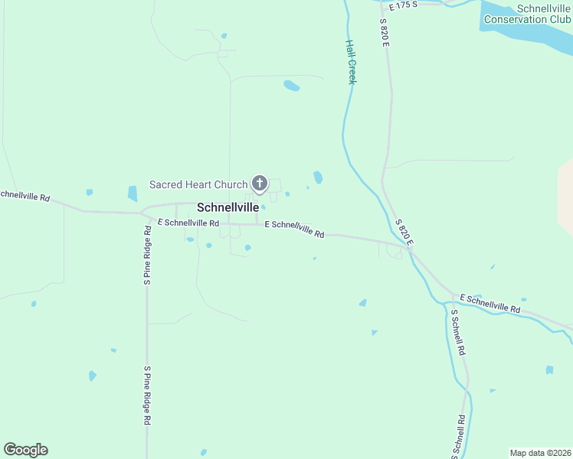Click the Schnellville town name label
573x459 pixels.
(228, 207)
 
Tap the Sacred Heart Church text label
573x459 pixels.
(198, 184)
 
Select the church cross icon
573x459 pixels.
(260, 184)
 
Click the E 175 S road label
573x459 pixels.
(403, 5)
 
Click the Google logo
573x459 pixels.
(25, 450)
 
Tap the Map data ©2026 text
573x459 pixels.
(540, 453)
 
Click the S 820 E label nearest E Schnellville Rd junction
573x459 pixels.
(404, 232)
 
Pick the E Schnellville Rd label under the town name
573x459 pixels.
(188, 223)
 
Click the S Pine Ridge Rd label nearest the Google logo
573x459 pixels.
(147, 395)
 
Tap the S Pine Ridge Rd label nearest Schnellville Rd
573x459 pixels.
(147, 256)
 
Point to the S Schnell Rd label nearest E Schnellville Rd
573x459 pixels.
(457, 333)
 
